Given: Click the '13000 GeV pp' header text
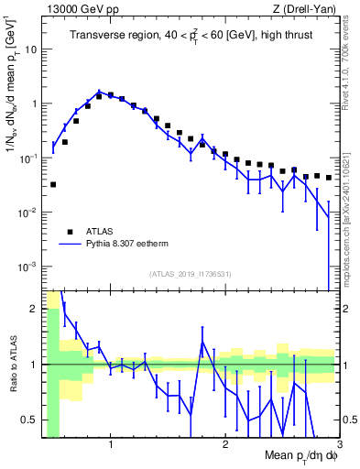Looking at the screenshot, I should (79, 9).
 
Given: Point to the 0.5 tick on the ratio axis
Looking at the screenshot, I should (29, 420).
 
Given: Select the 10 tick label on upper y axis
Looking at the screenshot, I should (29, 49).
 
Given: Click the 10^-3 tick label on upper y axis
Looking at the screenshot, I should (27, 267).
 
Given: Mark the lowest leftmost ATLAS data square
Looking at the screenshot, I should (53, 184).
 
